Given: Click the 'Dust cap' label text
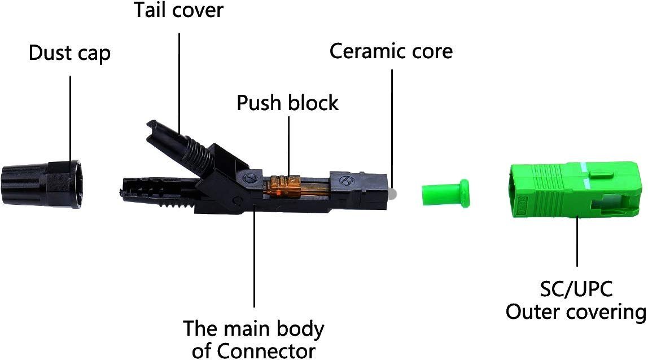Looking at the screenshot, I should (x=69, y=54).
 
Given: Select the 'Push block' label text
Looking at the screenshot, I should (x=287, y=103).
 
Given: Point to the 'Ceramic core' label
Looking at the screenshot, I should (x=391, y=51).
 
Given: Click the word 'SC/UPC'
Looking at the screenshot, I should (x=576, y=289).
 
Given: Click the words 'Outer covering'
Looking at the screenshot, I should (x=575, y=312).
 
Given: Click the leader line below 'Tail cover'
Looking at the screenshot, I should (x=179, y=79).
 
